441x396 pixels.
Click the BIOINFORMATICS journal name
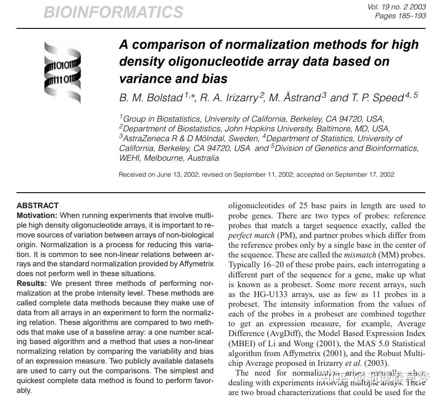coord(113,12)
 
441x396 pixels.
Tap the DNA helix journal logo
coord(63,72)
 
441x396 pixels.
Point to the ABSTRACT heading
coord(38,206)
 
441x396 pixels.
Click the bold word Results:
coord(32,283)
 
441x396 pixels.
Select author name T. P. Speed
coord(376,98)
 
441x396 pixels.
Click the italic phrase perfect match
coord(251,235)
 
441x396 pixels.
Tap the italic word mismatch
coord(360,255)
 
